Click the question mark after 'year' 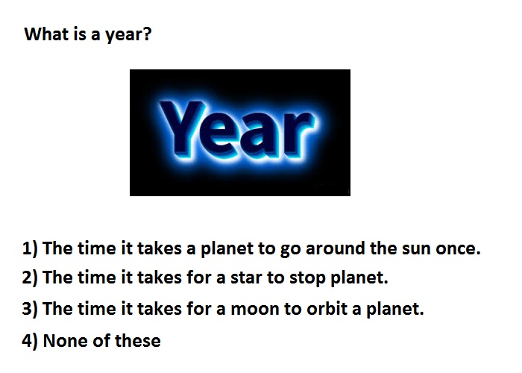click(147, 34)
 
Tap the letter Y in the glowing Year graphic click(181, 128)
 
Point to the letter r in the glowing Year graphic click(298, 134)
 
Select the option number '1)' click(30, 248)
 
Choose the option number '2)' click(30, 278)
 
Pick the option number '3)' click(30, 309)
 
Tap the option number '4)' click(30, 341)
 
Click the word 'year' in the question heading click(123, 35)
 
